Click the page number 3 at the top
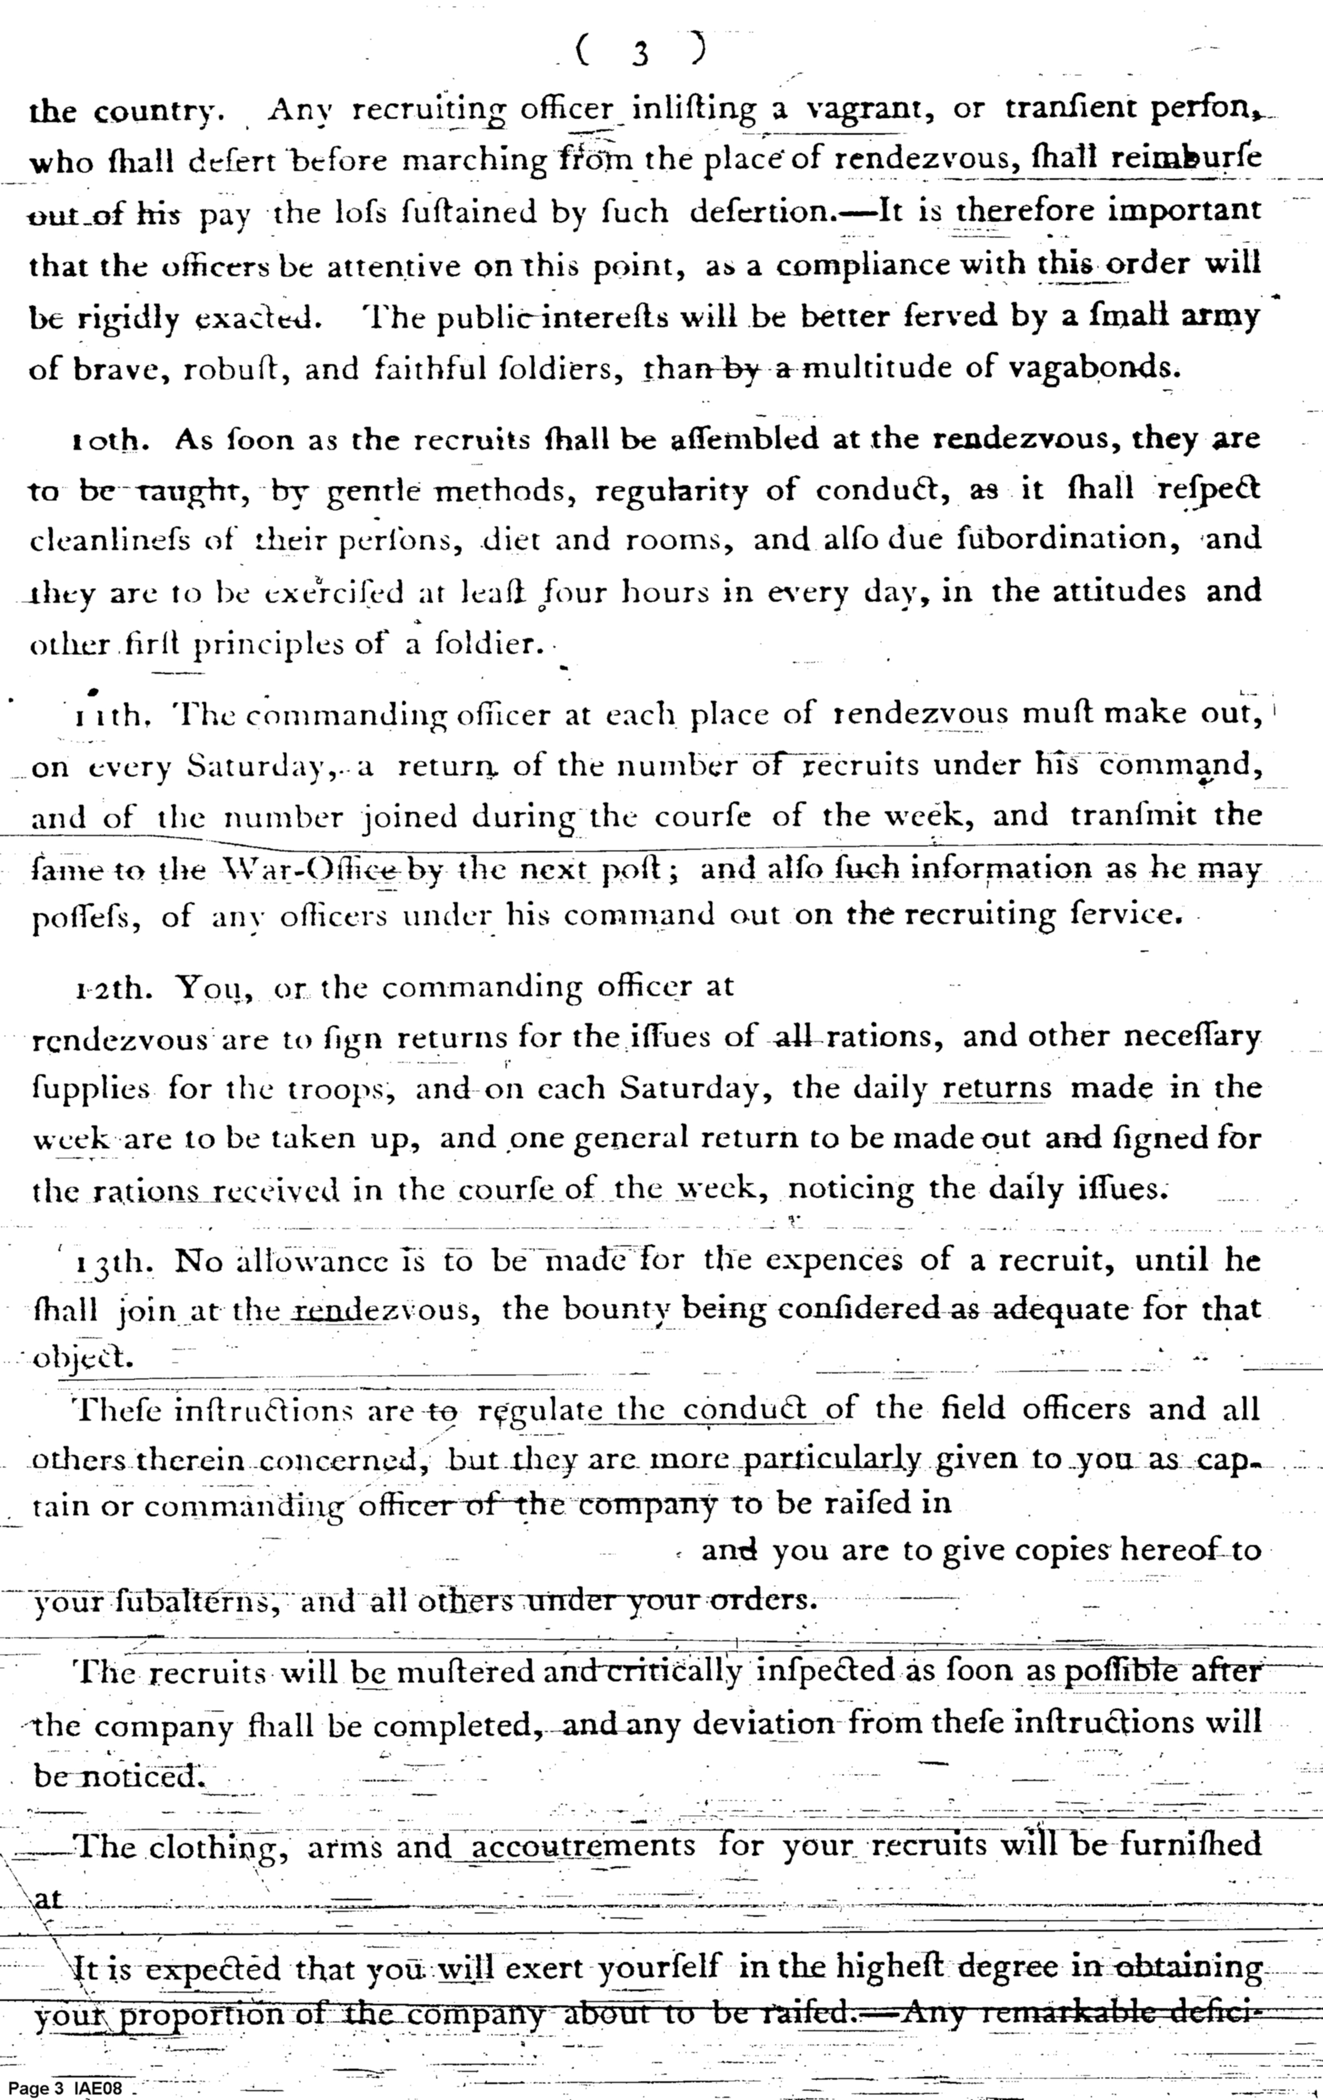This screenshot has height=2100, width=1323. (641, 53)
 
